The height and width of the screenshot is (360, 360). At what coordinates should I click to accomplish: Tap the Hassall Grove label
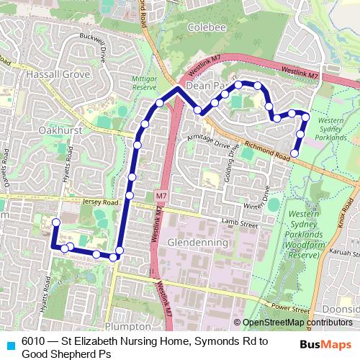pyautogui.click(x=57, y=73)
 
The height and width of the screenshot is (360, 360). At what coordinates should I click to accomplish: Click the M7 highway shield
pyautogui.click(x=161, y=195)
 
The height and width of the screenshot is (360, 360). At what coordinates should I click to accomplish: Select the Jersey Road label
pyautogui.click(x=99, y=203)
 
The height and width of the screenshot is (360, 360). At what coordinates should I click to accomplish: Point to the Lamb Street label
pyautogui.click(x=240, y=225)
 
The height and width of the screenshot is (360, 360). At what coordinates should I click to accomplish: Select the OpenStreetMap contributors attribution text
pyautogui.click(x=297, y=322)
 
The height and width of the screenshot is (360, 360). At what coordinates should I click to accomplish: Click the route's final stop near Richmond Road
pyautogui.click(x=295, y=152)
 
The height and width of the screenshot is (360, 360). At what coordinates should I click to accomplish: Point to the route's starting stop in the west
pyautogui.click(x=55, y=222)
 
